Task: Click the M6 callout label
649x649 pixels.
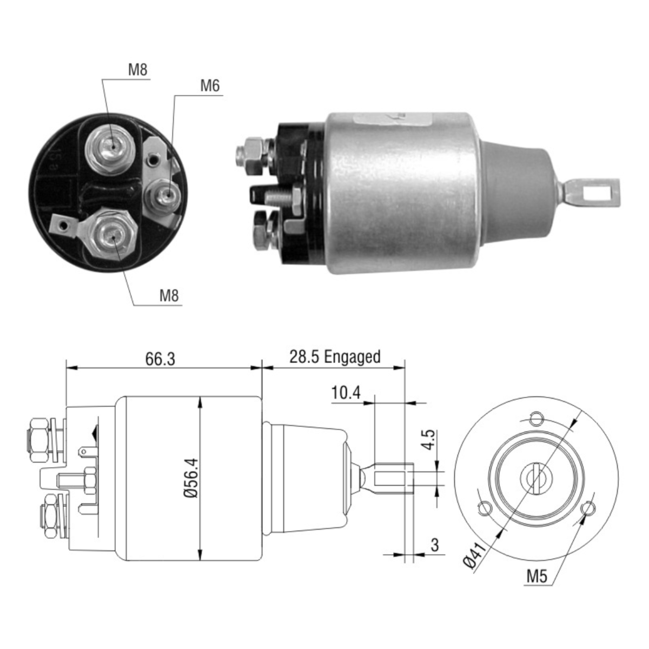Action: click(210, 85)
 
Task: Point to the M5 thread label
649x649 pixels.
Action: click(537, 577)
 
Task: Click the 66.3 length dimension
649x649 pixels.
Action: click(160, 359)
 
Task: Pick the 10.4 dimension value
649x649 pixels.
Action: click(346, 393)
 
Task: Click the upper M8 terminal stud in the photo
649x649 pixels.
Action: click(112, 144)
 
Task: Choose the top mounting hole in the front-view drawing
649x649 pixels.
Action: click(536, 418)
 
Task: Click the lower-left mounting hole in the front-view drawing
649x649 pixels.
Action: click(484, 508)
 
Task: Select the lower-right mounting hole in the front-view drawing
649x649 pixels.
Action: click(588, 508)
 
